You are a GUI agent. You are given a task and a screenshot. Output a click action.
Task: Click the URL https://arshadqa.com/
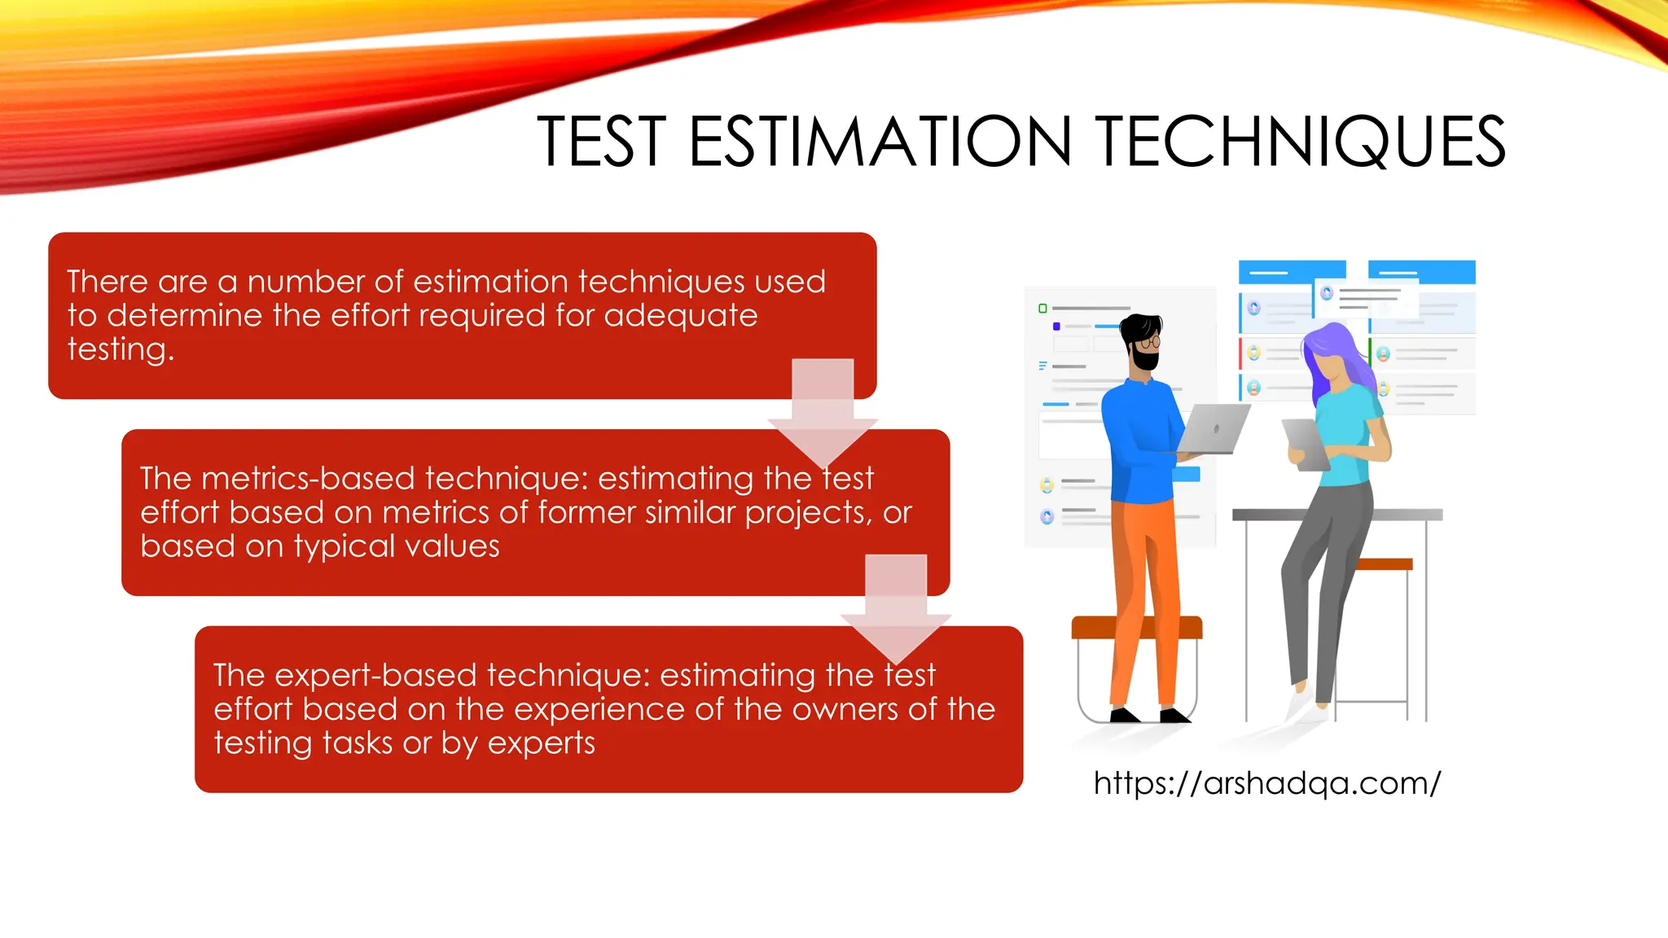(x=1266, y=783)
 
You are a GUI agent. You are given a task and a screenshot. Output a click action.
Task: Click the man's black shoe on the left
(x=1125, y=716)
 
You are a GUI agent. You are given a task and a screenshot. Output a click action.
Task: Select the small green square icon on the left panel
(x=1042, y=309)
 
